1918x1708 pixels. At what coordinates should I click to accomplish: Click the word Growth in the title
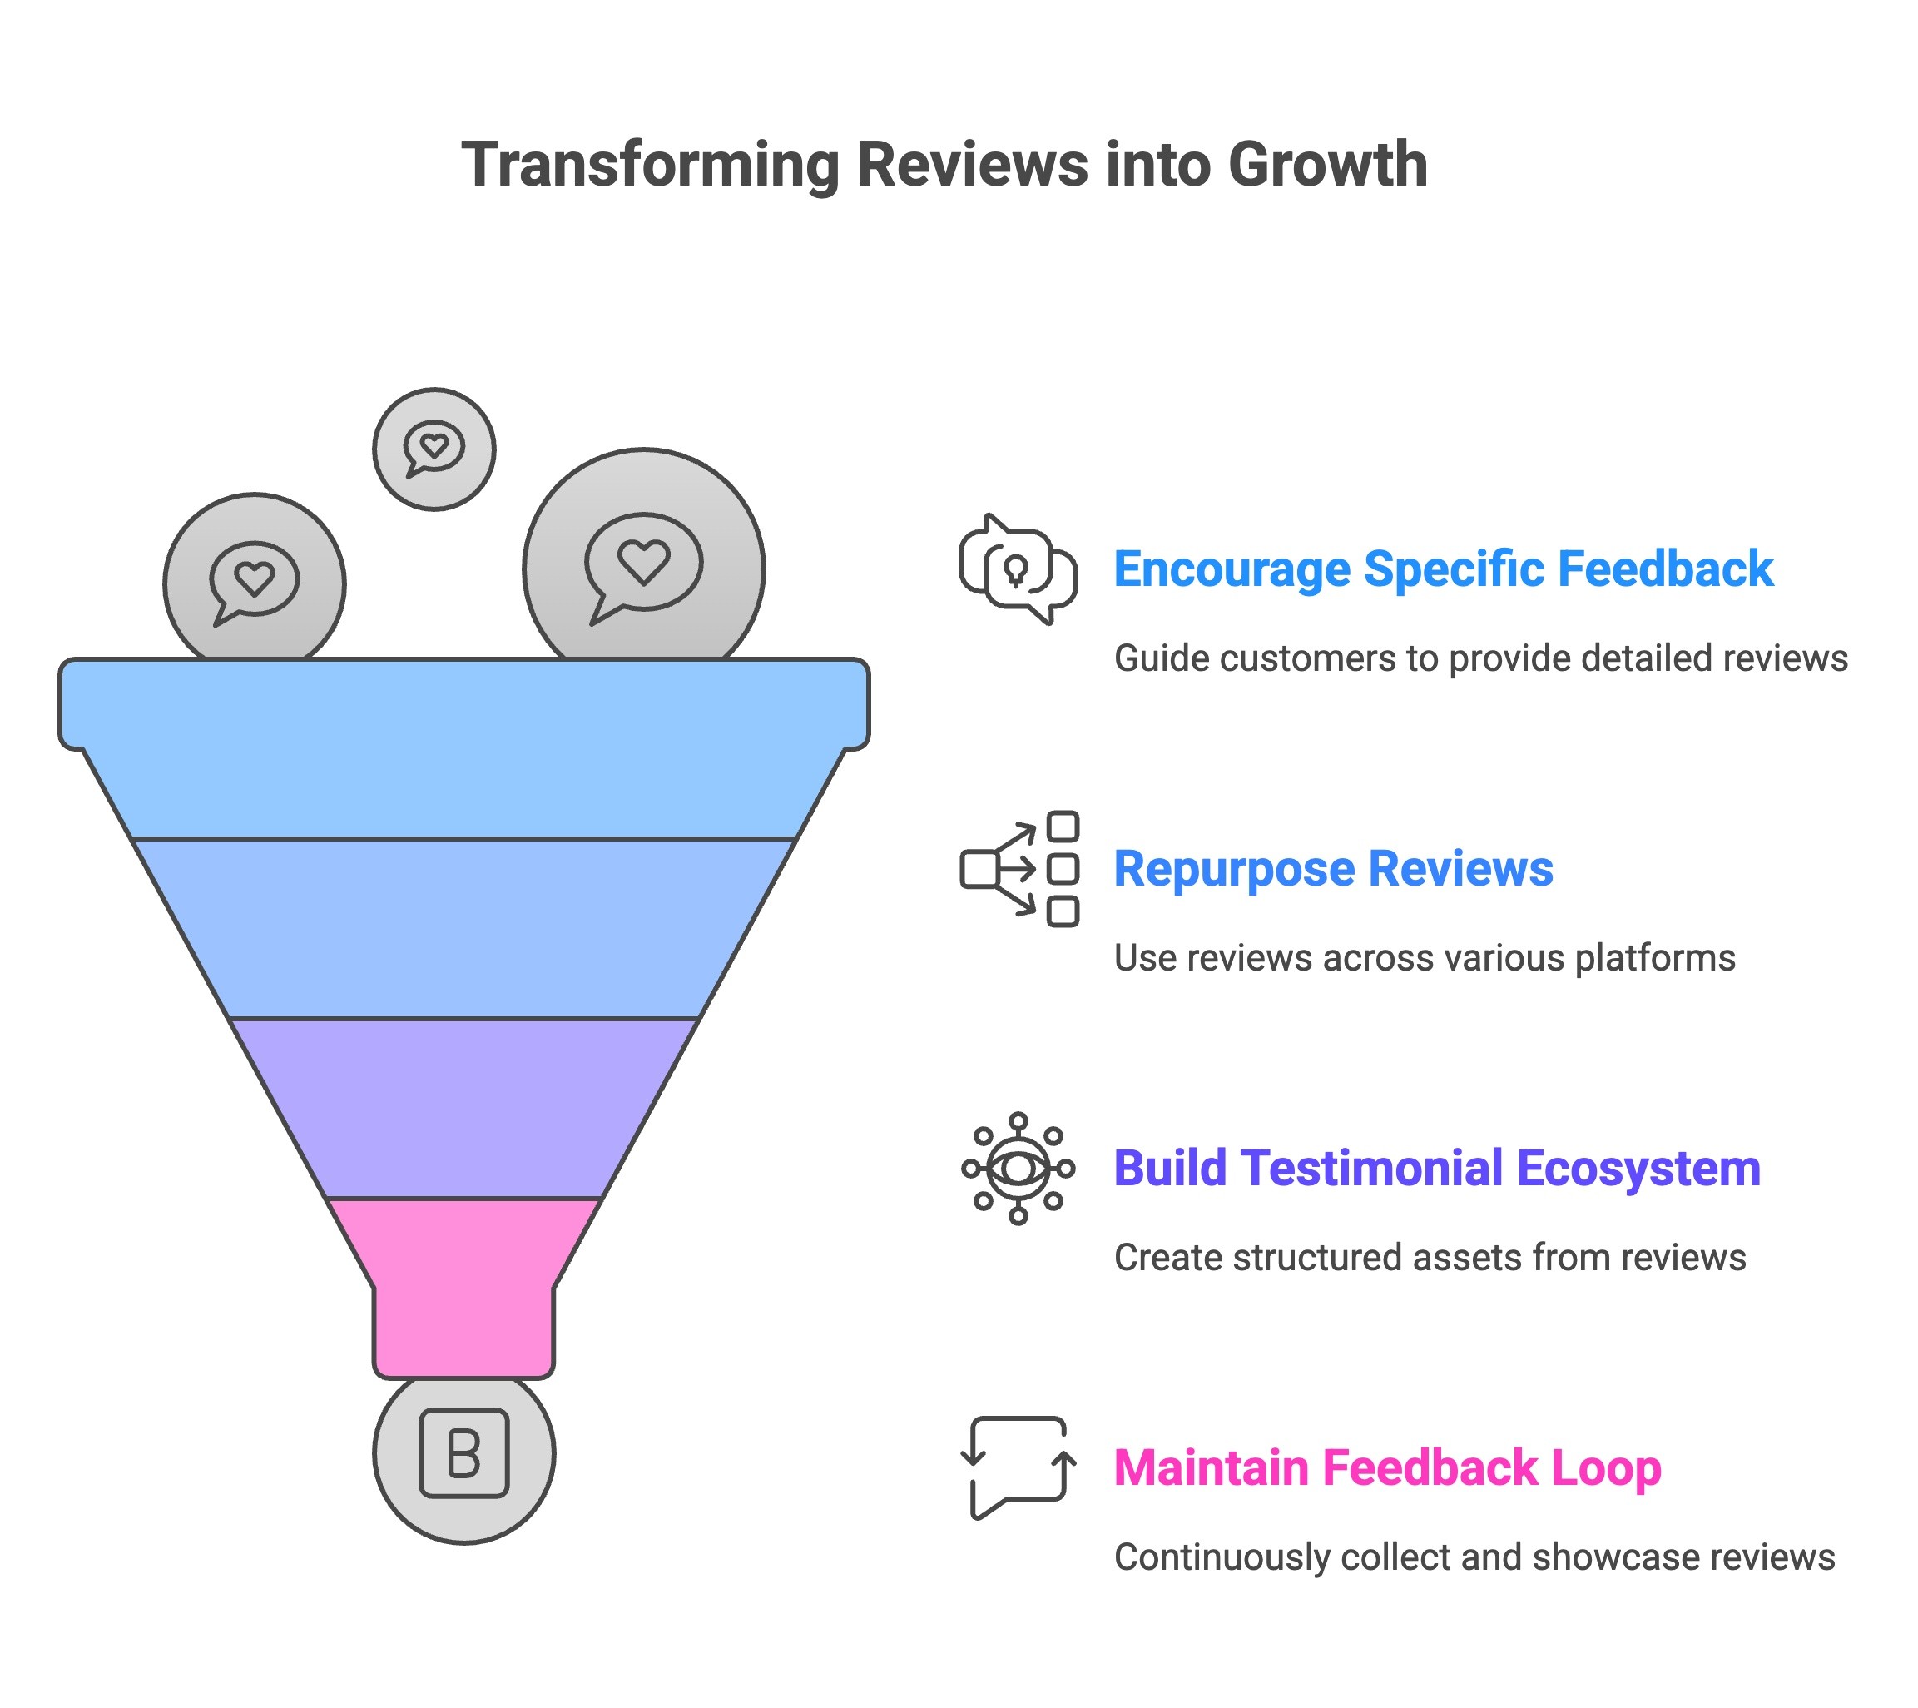pyautogui.click(x=1327, y=165)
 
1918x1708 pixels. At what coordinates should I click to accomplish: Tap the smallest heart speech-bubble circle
pyautogui.click(x=434, y=449)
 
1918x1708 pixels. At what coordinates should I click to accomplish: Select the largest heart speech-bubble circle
pyautogui.click(x=644, y=563)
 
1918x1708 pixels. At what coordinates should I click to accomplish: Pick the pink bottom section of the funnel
pyautogui.click(x=463, y=1286)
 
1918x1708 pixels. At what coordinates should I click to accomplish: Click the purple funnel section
pyautogui.click(x=463, y=1107)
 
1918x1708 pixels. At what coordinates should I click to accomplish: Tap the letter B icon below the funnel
pyautogui.click(x=463, y=1453)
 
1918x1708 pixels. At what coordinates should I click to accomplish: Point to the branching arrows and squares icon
pyautogui.click(x=1020, y=869)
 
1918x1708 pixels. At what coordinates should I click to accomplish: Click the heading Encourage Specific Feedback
pyautogui.click(x=1442, y=569)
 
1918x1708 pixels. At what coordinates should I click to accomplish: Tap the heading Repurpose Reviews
pyautogui.click(x=1332, y=869)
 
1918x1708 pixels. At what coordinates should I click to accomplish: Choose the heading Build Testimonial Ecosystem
pyautogui.click(x=1436, y=1169)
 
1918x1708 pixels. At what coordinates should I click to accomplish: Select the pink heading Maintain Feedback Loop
pyautogui.click(x=1387, y=1467)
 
